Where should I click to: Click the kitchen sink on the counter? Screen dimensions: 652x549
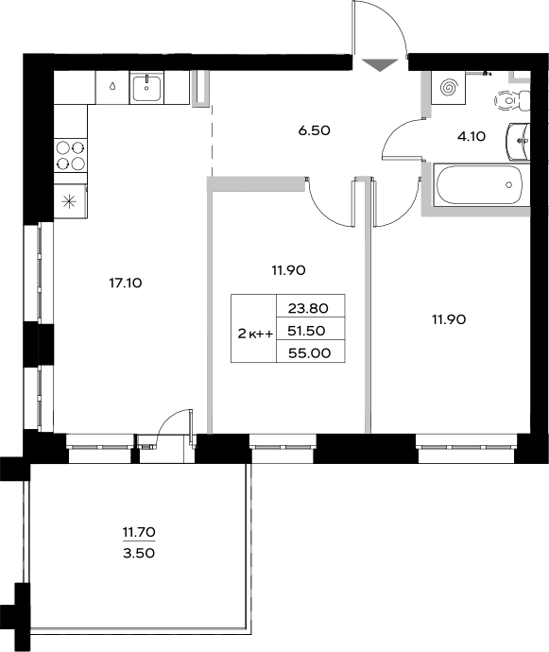(x=147, y=89)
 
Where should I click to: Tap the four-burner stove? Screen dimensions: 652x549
(x=70, y=154)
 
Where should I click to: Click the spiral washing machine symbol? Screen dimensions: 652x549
(x=450, y=88)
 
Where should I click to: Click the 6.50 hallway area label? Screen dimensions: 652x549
(x=314, y=131)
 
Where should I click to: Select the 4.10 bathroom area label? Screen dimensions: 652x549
(x=471, y=136)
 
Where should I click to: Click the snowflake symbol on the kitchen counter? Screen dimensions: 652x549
(x=70, y=200)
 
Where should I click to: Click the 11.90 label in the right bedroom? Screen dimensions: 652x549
(x=450, y=319)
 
